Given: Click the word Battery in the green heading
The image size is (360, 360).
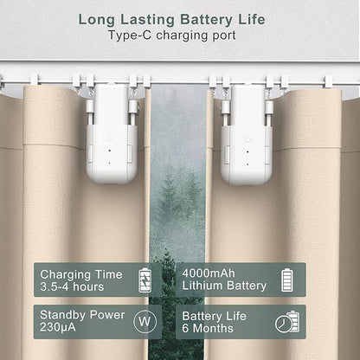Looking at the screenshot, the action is [206, 20].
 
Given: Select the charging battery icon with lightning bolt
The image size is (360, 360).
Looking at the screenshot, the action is [145, 280].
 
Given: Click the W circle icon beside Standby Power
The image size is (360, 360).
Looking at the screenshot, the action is [145, 321].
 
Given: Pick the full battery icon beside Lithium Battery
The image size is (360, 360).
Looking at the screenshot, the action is [286, 280].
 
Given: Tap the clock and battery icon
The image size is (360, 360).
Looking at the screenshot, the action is [287, 322].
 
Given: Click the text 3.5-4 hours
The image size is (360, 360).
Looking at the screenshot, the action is [72, 286].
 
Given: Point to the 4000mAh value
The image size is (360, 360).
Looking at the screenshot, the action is [209, 273].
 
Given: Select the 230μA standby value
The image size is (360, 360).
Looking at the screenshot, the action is [58, 327].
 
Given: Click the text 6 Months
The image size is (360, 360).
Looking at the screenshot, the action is [208, 328].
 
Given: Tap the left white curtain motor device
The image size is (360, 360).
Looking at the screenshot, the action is [112, 133].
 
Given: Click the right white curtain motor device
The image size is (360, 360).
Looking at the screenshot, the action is [247, 134].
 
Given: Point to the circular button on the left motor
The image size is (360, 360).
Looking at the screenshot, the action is [110, 138].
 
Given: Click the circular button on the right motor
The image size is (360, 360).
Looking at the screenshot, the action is [247, 139].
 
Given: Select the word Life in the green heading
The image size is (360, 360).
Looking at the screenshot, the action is [251, 20].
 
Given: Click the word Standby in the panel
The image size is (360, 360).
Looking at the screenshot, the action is [63, 315].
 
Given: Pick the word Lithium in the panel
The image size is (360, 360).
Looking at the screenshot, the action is [202, 286].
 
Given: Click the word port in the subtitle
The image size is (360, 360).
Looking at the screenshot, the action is [225, 36].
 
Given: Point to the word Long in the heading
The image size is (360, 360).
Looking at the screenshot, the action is [97, 21].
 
